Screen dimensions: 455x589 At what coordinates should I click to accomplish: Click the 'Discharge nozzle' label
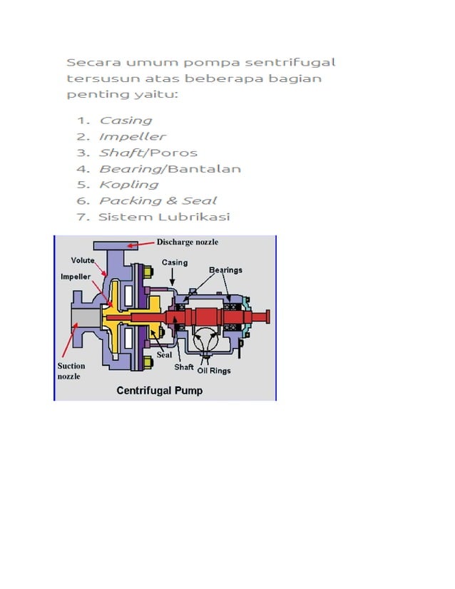[187, 242]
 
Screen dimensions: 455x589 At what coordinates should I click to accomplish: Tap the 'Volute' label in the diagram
[83, 260]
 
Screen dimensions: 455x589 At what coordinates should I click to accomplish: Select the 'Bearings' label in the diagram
[225, 270]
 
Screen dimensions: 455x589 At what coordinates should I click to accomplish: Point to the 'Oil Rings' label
[214, 371]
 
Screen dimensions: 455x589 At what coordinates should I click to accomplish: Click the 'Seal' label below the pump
[164, 355]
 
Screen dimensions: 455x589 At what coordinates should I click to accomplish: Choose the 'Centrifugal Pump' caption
[160, 391]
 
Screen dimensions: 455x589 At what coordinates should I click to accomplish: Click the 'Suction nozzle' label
[71, 371]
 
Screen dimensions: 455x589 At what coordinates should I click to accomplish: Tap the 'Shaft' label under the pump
[184, 367]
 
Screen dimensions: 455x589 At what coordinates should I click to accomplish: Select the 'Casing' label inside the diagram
[175, 262]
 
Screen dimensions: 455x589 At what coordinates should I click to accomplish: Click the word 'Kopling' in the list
[129, 185]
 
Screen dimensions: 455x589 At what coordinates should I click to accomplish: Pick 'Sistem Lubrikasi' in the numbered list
[164, 217]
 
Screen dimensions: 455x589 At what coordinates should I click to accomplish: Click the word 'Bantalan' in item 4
[204, 169]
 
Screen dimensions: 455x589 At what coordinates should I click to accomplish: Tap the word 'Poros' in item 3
[173, 153]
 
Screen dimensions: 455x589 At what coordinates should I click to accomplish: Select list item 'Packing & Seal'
[158, 201]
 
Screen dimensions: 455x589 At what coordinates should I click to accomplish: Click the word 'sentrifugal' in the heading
[290, 62]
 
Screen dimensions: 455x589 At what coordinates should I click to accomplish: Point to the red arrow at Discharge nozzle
[140, 245]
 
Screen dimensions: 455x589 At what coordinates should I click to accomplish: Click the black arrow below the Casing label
[172, 277]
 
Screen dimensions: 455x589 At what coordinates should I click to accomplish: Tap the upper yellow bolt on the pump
[148, 272]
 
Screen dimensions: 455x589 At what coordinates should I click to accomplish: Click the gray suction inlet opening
[86, 318]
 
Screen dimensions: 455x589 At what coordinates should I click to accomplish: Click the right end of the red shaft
[268, 317]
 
